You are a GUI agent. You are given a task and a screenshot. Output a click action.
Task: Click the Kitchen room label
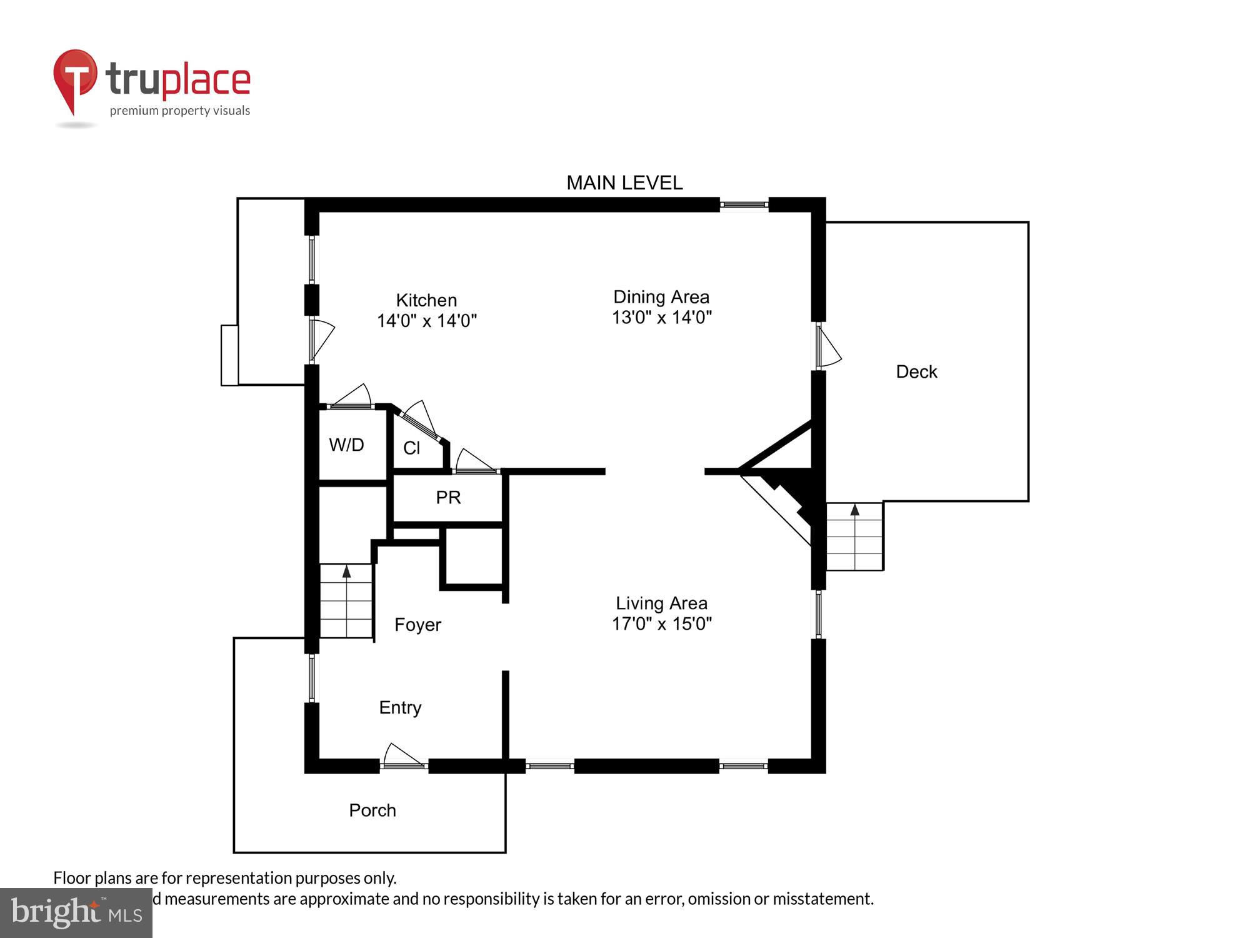point(426,300)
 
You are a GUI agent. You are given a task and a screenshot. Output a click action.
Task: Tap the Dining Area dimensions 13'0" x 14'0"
point(661,318)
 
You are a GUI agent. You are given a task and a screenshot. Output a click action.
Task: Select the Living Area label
point(661,603)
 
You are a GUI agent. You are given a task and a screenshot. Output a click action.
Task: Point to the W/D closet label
point(346,445)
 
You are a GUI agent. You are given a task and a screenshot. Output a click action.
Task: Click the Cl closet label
point(411,448)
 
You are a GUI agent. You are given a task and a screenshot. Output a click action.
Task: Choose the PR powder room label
point(448,498)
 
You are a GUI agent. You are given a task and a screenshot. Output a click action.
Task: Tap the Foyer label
point(417,625)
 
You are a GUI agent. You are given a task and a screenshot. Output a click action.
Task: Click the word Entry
point(400,707)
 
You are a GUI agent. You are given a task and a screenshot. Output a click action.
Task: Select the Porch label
point(372,810)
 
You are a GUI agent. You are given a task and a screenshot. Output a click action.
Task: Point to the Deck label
point(916,372)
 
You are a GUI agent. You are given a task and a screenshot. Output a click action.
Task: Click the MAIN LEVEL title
point(624,183)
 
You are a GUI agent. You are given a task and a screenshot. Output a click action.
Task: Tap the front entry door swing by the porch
point(402,755)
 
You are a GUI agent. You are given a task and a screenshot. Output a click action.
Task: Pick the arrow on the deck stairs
point(854,510)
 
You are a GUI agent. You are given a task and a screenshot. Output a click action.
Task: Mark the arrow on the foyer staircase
point(346,571)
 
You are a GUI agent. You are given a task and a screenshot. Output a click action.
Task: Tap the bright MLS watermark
point(76,913)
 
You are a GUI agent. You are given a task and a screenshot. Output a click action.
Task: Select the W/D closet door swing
point(352,397)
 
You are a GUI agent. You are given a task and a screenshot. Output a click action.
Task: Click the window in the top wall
point(744,204)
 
